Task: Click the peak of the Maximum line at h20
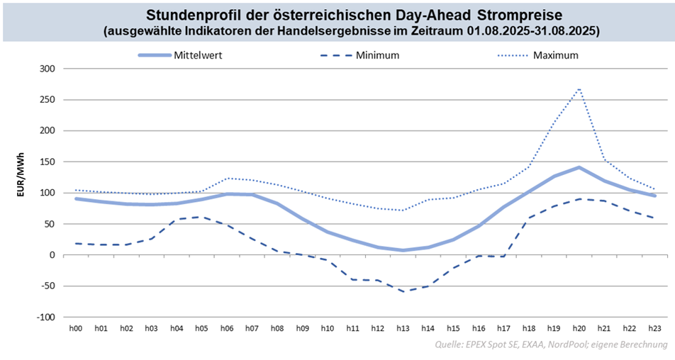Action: [580, 89]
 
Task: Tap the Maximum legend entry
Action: [555, 55]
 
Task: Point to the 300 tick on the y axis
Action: [47, 69]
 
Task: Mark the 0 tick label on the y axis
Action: [52, 255]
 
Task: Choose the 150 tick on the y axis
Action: [47, 162]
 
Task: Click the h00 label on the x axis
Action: [76, 328]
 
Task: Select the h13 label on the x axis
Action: [403, 328]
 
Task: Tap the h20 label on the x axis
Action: [580, 328]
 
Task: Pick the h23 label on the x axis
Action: [655, 328]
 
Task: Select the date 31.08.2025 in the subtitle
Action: [562, 31]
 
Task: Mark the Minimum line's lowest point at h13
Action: [403, 291]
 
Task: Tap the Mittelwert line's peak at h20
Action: [580, 167]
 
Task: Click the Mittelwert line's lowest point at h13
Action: [403, 250]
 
